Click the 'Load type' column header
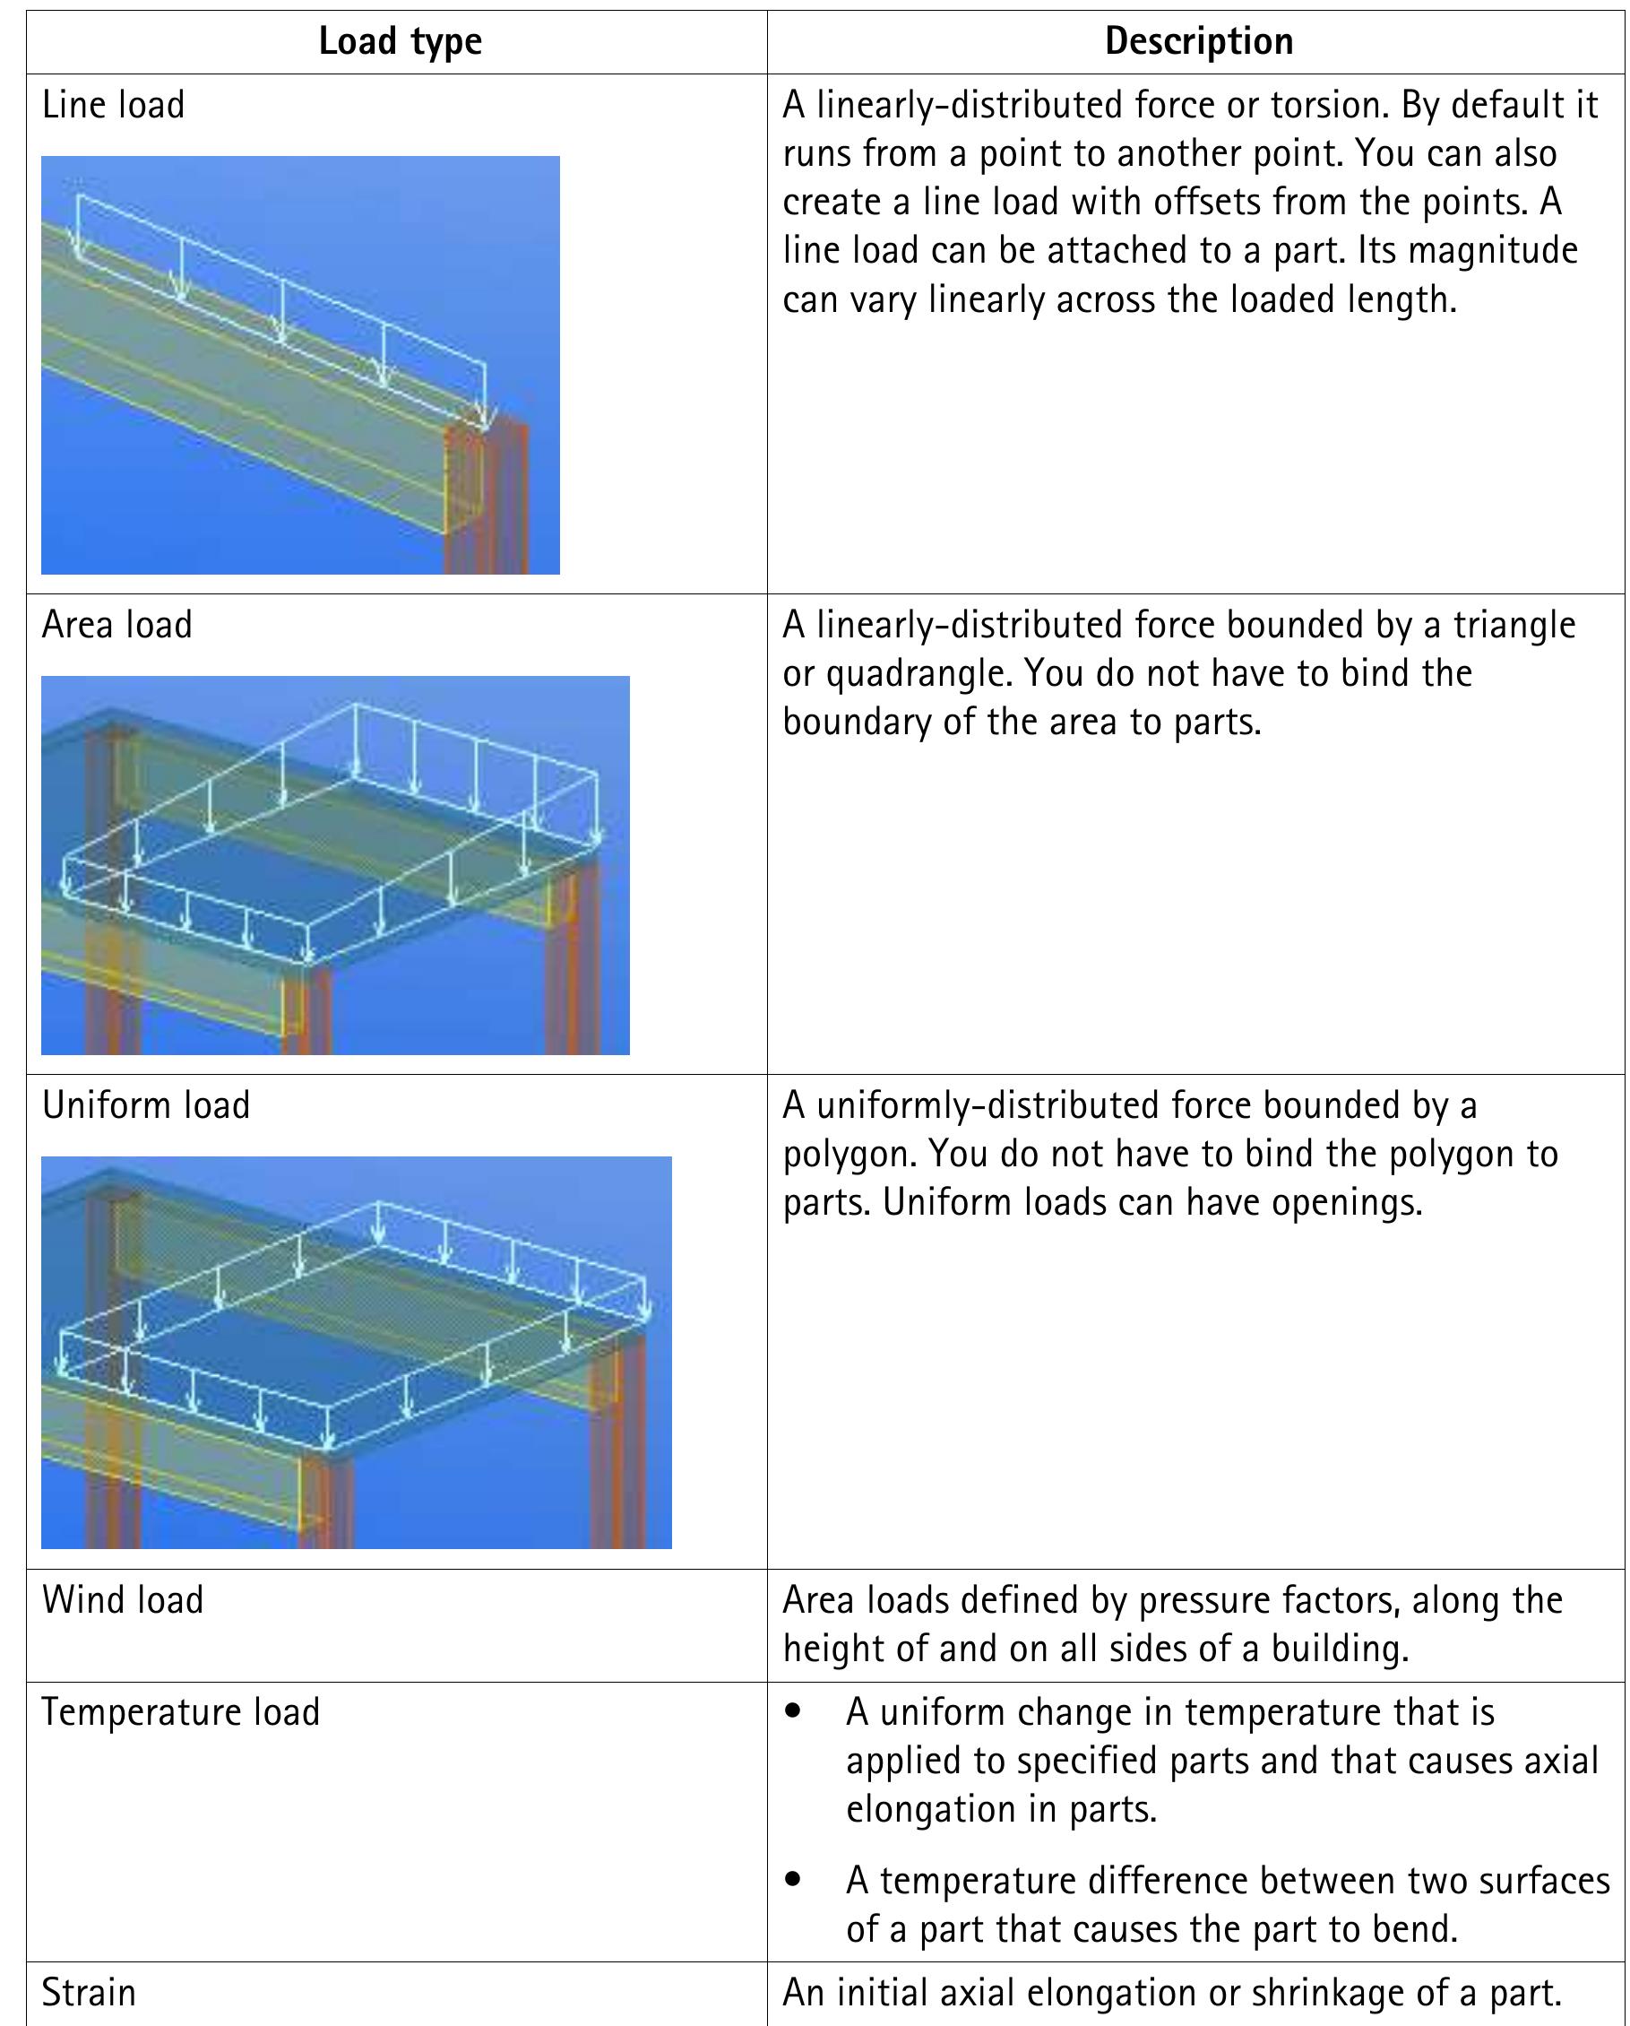[x=400, y=42]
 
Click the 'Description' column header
[x=1198, y=42]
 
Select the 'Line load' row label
[x=113, y=105]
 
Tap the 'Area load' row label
[x=116, y=625]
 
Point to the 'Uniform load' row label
[x=146, y=1105]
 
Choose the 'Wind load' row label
[x=122, y=1600]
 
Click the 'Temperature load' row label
[x=180, y=1712]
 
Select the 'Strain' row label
[x=89, y=1992]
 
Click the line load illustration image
[x=299, y=365]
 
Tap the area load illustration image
[x=334, y=864]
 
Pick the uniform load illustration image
[x=356, y=1352]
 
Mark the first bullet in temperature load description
[x=794, y=1712]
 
